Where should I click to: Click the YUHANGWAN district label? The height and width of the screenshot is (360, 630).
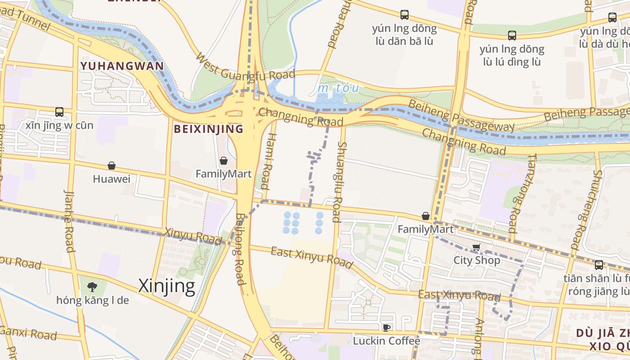point(122,66)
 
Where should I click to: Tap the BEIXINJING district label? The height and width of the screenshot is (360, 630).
point(208,130)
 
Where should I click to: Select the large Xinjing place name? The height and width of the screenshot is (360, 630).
point(166,286)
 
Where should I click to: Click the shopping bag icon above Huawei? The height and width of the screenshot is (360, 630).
point(112,166)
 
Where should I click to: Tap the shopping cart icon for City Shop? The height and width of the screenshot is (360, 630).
point(477,247)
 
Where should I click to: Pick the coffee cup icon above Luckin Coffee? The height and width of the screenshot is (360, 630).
point(386,328)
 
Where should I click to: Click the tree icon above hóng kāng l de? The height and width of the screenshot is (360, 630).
point(92,287)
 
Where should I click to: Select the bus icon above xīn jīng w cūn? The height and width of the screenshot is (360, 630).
point(59,112)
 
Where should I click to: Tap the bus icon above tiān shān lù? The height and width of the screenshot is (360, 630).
point(598,265)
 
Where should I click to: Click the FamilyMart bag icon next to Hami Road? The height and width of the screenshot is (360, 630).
point(224,161)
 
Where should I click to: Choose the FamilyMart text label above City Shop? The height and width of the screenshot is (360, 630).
point(425,229)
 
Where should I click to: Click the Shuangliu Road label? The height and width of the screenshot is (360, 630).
point(340,182)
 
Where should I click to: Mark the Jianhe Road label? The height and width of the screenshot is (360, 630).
point(69,220)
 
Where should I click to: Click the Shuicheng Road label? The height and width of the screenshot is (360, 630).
point(585,209)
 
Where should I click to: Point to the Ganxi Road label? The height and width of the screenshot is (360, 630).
point(28,333)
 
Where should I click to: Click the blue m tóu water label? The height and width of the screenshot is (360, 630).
point(339,88)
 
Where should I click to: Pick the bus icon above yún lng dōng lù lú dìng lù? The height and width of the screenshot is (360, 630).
point(512,36)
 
